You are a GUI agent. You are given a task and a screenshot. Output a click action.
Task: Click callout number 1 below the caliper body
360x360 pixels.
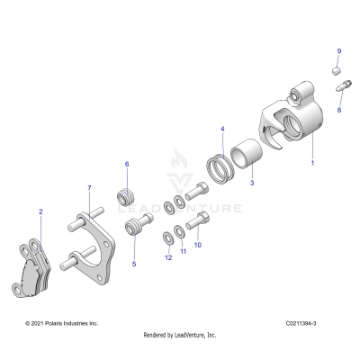312,165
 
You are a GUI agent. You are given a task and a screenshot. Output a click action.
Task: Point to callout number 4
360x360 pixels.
221,129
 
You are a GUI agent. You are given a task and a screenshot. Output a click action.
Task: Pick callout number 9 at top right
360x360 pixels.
339,50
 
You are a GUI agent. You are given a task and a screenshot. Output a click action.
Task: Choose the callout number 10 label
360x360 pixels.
198,244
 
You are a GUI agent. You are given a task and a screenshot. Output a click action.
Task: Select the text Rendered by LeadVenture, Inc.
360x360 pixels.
180,334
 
